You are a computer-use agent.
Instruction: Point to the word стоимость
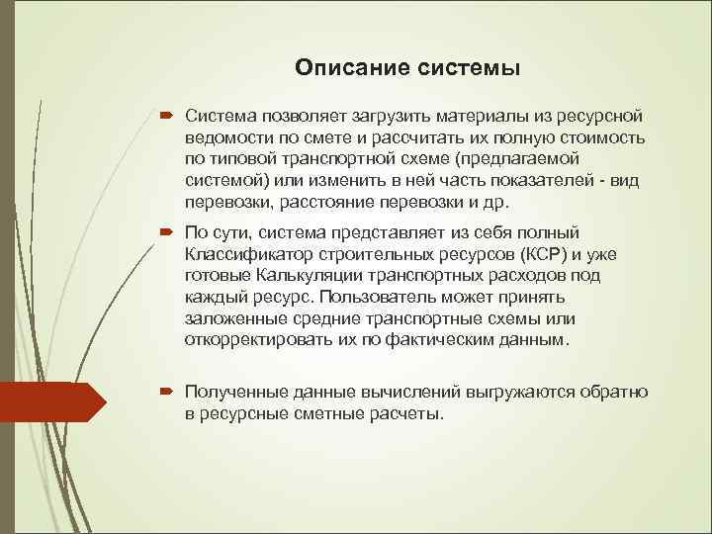coord(604,138)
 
